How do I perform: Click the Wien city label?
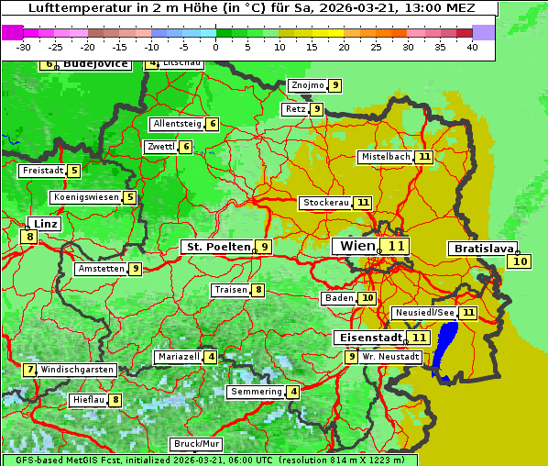pos(357,246)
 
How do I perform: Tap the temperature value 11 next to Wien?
pos(396,246)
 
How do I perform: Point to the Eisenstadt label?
pos(368,338)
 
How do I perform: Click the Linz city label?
pos(44,224)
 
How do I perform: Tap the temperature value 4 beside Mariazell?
pos(211,357)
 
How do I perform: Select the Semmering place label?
pos(256,392)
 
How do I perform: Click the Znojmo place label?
pos(307,85)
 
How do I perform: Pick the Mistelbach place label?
pos(385,157)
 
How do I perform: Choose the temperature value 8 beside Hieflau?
pos(115,400)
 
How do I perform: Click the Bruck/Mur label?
pos(196,444)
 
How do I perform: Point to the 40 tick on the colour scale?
pos(471,46)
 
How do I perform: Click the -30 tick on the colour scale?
pos(24,46)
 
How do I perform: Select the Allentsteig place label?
pos(178,124)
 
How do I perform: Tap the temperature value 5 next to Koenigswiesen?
pos(130,197)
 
